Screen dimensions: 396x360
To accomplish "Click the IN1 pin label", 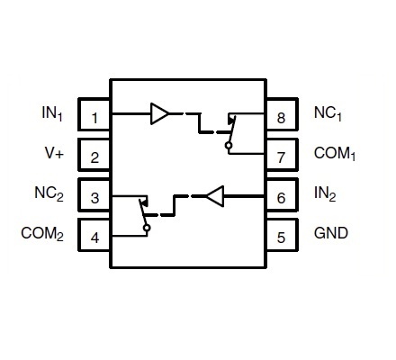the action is pos(52,113).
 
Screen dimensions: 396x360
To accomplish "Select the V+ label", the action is pos(55,153).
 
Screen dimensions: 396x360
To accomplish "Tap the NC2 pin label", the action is pos(49,193).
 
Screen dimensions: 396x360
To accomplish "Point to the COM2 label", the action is pos(42,233).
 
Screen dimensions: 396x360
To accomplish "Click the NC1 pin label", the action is pos(328,113).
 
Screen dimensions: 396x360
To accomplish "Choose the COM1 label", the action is pos(335,153).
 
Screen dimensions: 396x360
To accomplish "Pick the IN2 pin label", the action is pos(325,193).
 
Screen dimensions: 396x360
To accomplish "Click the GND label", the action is pos(331,233).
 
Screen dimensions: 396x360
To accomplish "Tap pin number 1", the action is pos(94,118).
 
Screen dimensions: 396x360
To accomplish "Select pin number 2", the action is pos(94,157).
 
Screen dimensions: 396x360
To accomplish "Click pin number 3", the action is pos(94,198).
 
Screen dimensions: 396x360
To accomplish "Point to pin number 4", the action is pos(94,238).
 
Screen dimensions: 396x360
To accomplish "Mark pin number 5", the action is pos(281,238).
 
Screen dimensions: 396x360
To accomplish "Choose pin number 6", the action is pos(281,198).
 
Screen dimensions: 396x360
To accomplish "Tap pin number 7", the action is pos(281,157).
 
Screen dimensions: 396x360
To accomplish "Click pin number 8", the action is pos(281,118).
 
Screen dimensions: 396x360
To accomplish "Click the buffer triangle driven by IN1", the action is pos(159,113).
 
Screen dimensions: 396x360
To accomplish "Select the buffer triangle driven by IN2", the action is pos(215,196).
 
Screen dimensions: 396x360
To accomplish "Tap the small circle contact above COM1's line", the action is pos(229,146).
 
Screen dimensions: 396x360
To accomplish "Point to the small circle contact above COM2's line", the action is pos(147,229).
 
